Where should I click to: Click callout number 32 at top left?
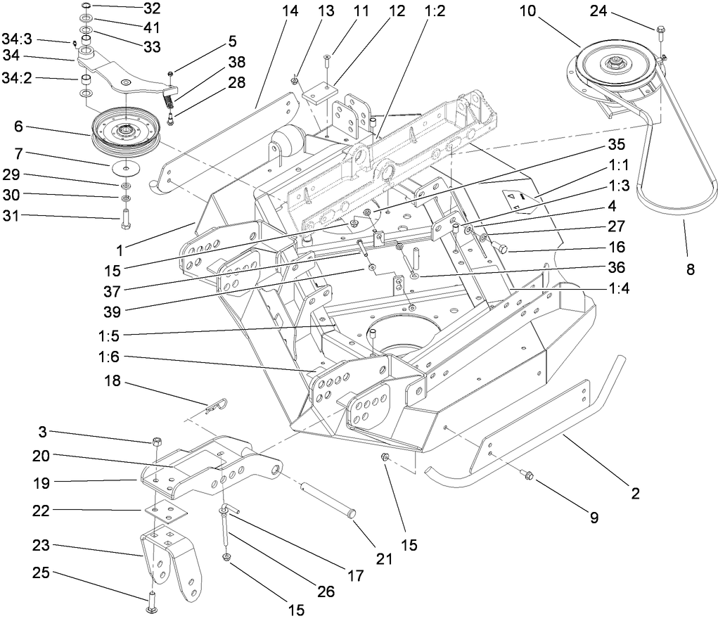151,9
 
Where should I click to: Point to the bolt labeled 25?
153,600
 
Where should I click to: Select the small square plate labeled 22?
167,510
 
